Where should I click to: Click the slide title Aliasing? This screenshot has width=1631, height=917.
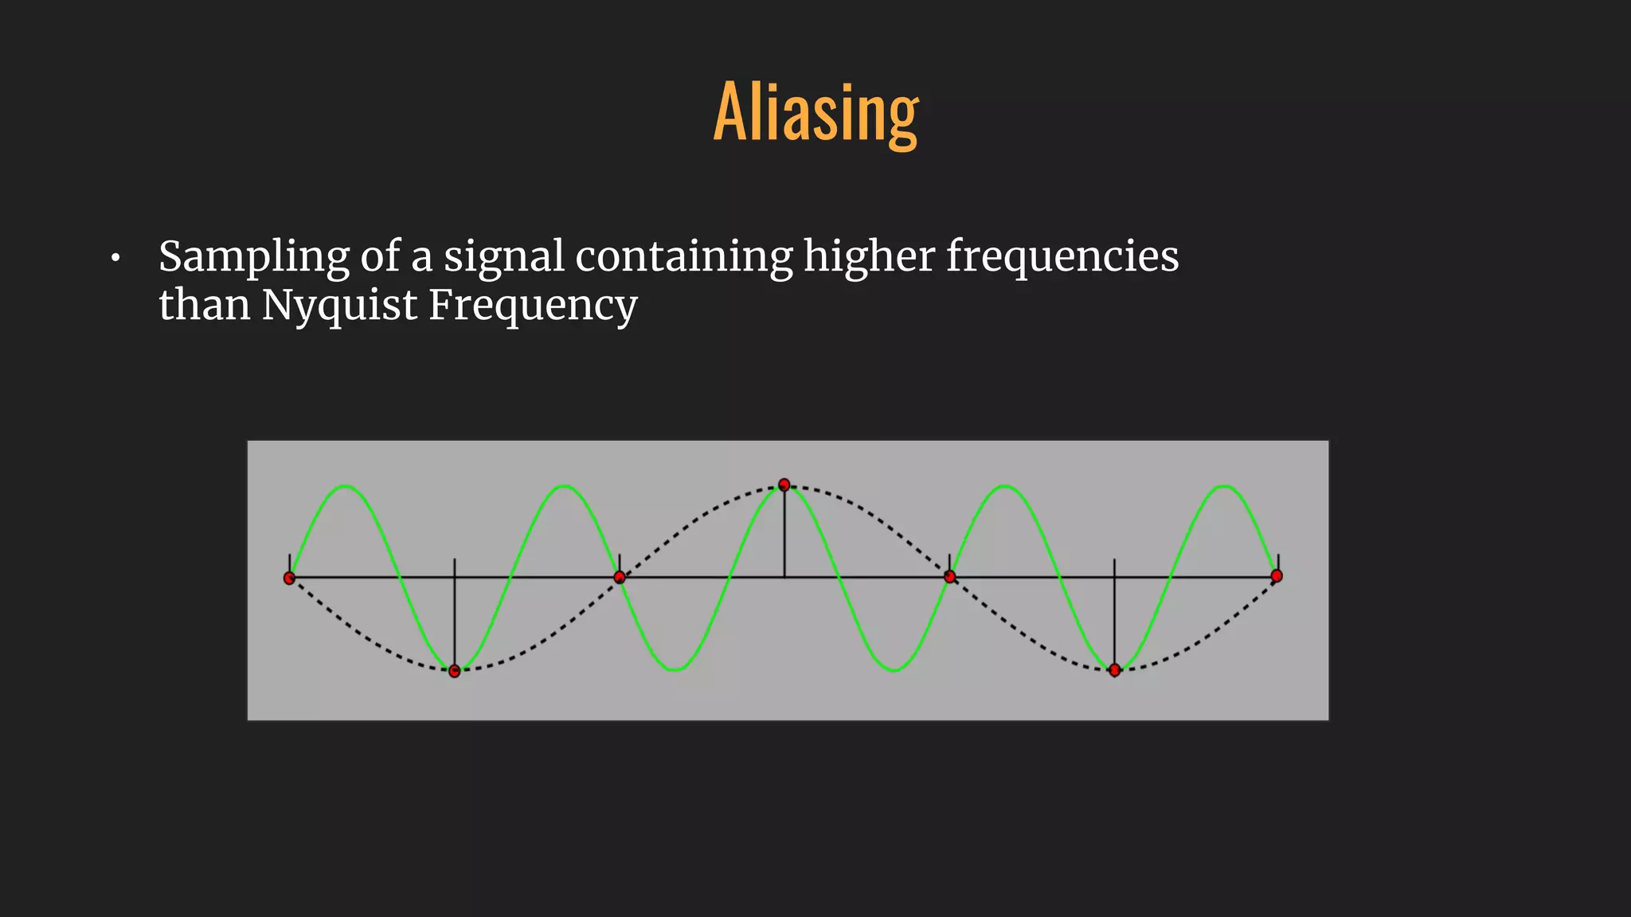point(815,113)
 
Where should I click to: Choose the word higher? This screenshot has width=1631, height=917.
point(869,256)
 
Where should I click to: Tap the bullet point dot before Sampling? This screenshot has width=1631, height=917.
point(115,258)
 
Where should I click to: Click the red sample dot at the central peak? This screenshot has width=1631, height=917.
point(784,485)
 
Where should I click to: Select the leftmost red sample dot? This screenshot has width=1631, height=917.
point(289,578)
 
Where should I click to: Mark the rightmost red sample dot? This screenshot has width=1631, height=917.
point(1277,576)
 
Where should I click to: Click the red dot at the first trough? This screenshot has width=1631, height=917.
point(454,671)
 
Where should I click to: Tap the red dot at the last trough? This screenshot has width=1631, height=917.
point(1115,670)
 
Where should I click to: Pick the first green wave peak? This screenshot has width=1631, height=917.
point(345,486)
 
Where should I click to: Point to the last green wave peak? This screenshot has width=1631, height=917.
point(1225,486)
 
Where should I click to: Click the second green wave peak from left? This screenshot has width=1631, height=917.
point(565,486)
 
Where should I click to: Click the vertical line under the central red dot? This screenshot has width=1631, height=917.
point(784,533)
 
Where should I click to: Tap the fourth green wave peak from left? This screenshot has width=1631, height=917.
point(1005,486)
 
